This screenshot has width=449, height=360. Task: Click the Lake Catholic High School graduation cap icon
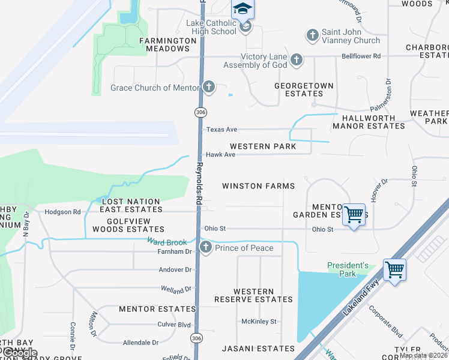click(243, 9)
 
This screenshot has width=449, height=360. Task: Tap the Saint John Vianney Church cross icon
click(312, 35)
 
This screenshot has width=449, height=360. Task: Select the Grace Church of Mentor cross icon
click(208, 88)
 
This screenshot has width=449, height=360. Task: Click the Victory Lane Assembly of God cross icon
click(296, 59)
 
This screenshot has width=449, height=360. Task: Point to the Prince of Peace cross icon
click(206, 247)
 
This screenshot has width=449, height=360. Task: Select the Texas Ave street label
click(221, 129)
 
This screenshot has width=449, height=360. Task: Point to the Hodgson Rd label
click(63, 212)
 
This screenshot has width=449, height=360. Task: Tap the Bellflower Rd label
click(361, 56)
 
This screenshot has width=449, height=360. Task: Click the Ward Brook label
click(163, 241)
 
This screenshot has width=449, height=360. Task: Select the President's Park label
click(348, 269)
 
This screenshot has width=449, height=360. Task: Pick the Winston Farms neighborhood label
click(258, 186)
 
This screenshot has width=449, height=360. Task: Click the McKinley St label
click(258, 321)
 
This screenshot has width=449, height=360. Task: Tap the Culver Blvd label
click(174, 324)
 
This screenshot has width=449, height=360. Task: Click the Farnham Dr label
click(175, 252)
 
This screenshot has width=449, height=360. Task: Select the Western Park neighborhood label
click(263, 146)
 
